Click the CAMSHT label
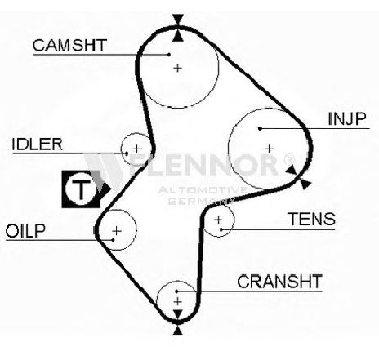69,46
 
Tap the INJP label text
347,119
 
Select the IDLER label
38,144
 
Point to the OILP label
25,231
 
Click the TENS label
311,219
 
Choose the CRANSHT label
279,282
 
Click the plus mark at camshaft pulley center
177,68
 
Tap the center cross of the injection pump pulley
269,149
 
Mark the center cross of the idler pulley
137,149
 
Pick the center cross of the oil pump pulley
117,231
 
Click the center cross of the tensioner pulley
218,220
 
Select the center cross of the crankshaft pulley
177,301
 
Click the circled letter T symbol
81,189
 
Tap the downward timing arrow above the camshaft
178,19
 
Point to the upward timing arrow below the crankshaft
178,330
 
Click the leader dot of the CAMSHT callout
169,55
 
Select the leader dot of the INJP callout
260,128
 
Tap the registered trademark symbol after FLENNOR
288,160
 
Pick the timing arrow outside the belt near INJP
305,184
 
